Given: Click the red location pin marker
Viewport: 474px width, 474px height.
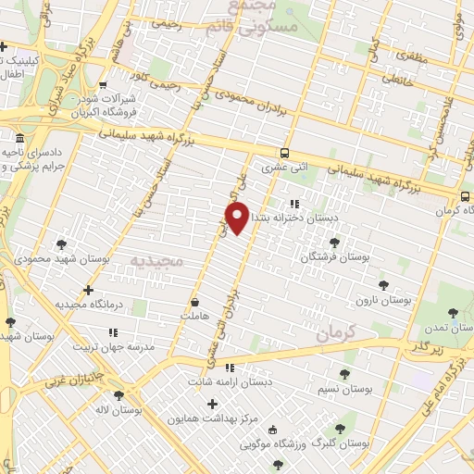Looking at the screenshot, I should click(238, 218).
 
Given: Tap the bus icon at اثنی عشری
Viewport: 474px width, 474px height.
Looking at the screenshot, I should click(283, 154).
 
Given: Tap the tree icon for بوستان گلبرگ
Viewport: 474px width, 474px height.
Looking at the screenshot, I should click(340, 429).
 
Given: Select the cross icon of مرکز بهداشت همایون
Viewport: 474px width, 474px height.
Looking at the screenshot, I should click(212, 404).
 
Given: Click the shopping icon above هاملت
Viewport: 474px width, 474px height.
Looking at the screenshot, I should click(194, 302).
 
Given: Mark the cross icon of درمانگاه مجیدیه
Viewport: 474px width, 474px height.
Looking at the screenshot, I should click(88, 290).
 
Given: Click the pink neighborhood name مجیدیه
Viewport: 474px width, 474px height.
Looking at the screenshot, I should click(157, 263).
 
